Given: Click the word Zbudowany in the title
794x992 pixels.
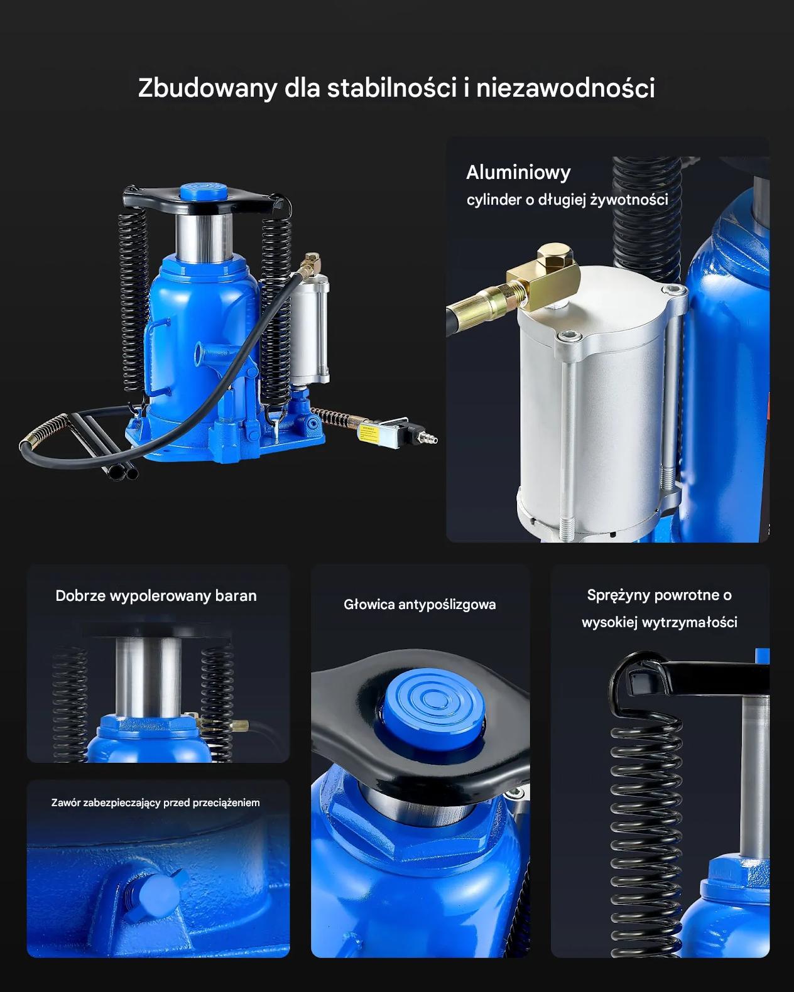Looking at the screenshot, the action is [x=207, y=87].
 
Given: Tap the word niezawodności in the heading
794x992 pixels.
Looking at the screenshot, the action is [x=565, y=87].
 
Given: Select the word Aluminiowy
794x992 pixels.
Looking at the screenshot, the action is [x=518, y=173].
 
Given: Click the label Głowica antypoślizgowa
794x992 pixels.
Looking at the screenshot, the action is [x=420, y=605].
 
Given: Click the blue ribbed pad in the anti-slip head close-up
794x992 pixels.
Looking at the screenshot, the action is [x=430, y=708].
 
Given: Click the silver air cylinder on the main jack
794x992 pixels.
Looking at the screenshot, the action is [x=309, y=328].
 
